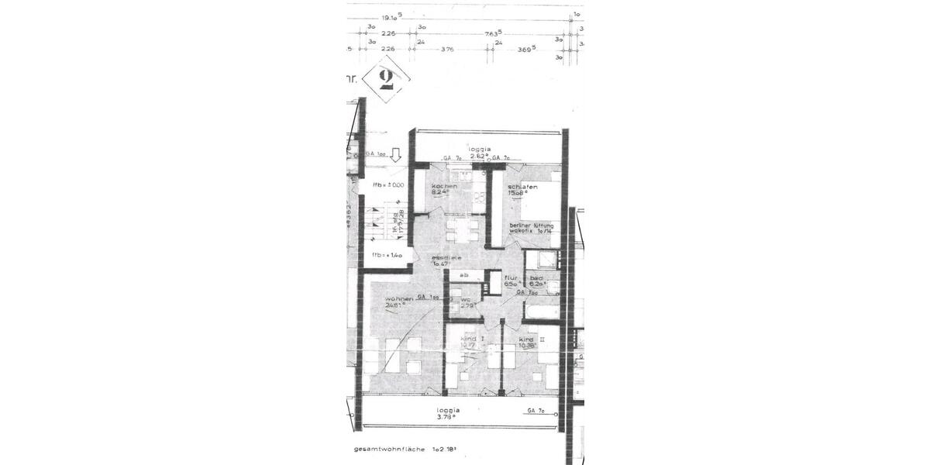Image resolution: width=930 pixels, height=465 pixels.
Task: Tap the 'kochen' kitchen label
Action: (x=445, y=187)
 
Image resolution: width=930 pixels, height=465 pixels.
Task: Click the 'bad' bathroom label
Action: (x=535, y=277)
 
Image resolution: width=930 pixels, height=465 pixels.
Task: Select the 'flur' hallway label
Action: (x=511, y=277)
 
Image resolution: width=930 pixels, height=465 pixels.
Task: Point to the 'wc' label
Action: (x=467, y=298)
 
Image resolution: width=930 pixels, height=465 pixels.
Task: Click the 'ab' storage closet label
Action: (x=464, y=275)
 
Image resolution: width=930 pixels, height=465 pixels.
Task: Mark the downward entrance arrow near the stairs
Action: (x=395, y=155)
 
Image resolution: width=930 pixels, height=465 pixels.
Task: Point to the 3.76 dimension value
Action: (x=447, y=49)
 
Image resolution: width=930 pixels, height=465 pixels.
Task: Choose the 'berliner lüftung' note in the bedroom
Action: (x=530, y=226)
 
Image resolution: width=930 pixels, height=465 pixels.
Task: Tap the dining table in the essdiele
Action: (x=463, y=228)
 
